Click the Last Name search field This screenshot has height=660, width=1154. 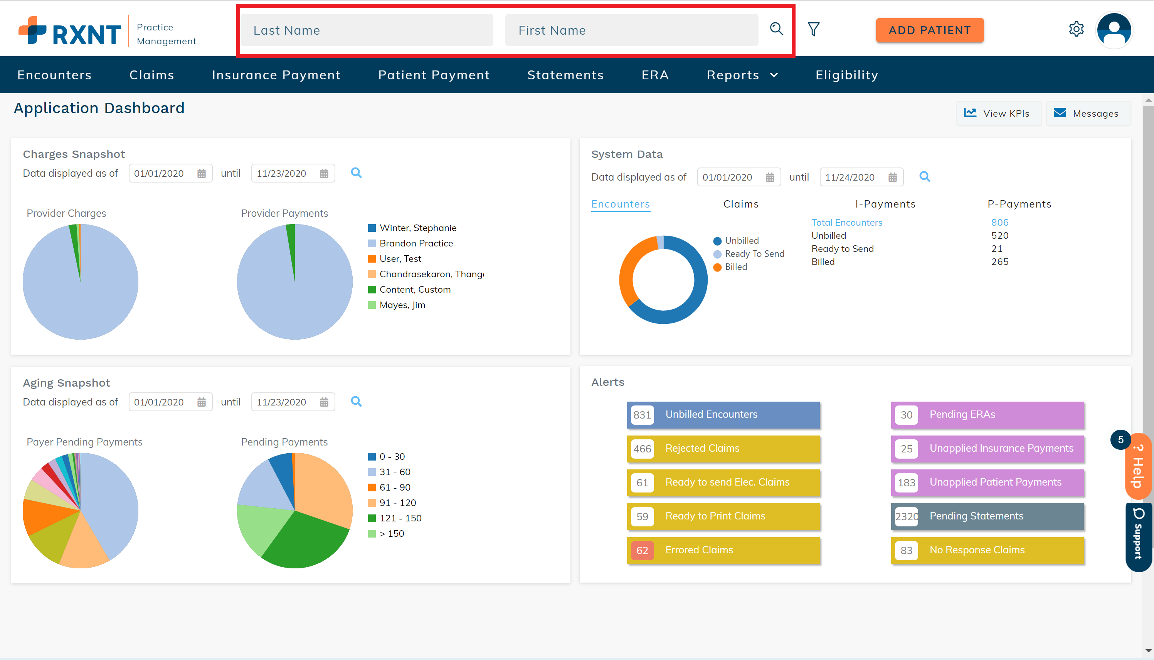[x=367, y=30]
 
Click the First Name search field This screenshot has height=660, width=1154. [x=631, y=30]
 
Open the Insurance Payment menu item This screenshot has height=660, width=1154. [x=276, y=75]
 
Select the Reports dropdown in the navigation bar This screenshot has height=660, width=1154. [x=742, y=75]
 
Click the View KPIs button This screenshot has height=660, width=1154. [x=998, y=113]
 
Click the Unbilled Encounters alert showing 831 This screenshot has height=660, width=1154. [x=723, y=415]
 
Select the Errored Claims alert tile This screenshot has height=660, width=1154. [x=723, y=550]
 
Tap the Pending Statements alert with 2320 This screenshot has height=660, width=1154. [x=987, y=516]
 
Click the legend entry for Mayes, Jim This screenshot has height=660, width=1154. [x=402, y=305]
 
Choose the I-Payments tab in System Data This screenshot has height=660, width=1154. [x=885, y=204]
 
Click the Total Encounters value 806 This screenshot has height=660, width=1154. [x=999, y=223]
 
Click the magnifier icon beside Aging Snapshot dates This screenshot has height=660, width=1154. [x=356, y=402]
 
